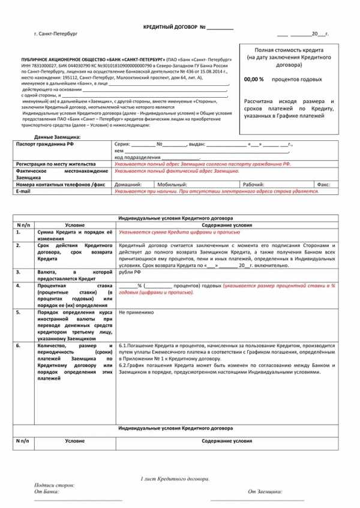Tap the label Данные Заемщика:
coord(58,137)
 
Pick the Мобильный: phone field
coord(172,184)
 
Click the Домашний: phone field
coord(128,184)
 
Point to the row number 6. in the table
coord(19,345)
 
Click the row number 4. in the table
coord(19,285)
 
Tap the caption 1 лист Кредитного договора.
coord(175,479)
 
